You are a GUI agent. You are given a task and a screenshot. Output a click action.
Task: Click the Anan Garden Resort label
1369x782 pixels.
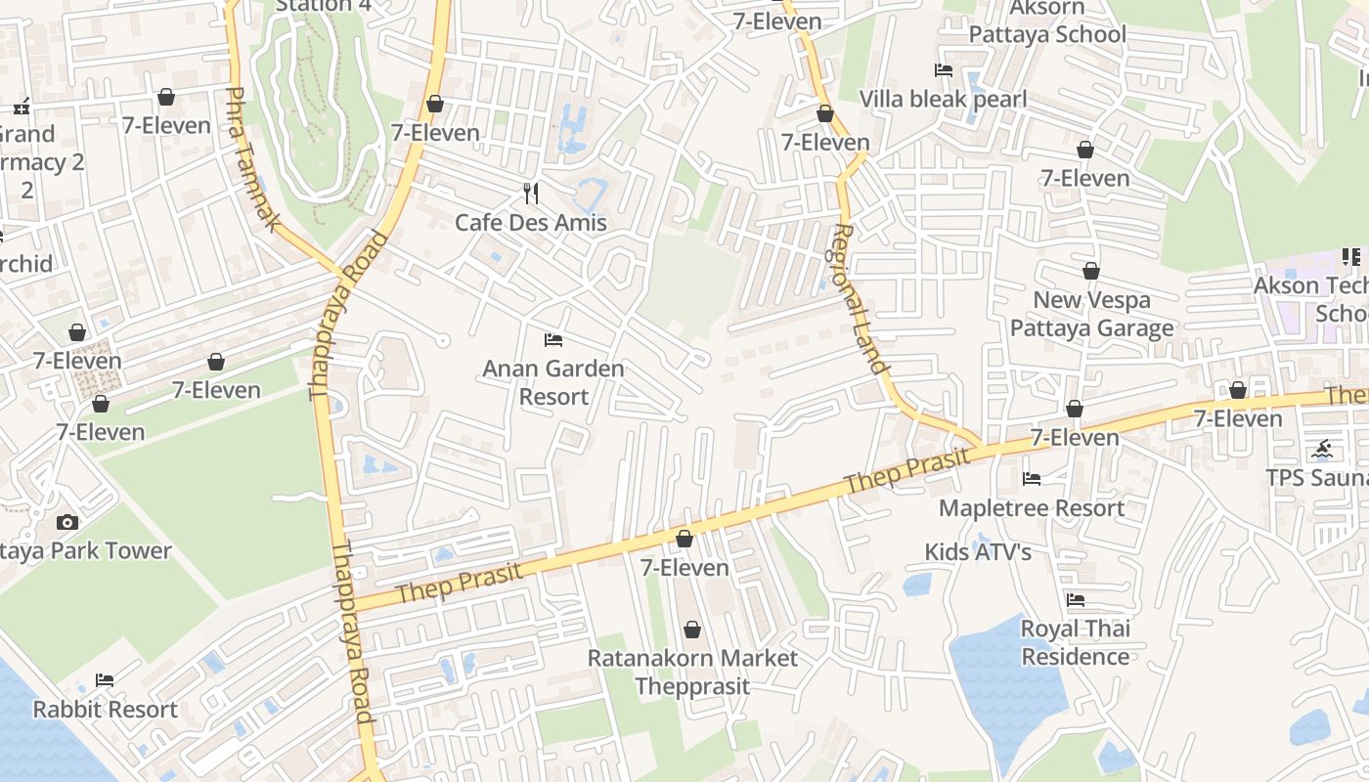(553, 382)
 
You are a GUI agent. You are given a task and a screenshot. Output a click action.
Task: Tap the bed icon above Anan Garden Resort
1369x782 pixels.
(553, 340)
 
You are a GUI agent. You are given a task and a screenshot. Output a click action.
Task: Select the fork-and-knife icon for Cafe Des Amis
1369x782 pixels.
(531, 193)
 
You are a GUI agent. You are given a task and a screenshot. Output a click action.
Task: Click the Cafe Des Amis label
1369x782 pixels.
(531, 223)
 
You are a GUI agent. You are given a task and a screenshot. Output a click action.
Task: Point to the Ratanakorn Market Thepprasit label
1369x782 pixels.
(692, 672)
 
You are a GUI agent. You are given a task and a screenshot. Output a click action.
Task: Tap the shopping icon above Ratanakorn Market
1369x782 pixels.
(692, 630)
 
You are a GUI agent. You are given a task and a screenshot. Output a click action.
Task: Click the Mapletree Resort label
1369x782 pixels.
(1032, 508)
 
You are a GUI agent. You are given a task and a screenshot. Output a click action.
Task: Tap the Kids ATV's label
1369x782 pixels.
(978, 552)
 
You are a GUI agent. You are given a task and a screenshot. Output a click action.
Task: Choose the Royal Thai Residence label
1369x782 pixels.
(1076, 642)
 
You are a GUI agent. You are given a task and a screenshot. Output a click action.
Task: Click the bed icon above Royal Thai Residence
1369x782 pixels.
(1076, 600)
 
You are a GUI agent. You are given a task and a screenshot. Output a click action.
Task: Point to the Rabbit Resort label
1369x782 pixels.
(106, 710)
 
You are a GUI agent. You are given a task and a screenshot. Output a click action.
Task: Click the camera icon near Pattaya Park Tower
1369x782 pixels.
(67, 522)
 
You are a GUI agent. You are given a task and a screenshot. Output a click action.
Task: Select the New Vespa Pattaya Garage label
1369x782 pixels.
(1091, 314)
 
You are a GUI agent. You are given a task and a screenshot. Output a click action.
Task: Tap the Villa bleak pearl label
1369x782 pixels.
(943, 99)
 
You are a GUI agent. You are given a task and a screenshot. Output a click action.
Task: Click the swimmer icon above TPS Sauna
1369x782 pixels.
(1322, 450)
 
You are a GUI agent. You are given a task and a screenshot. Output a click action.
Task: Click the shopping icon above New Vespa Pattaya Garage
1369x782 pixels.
(1091, 272)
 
